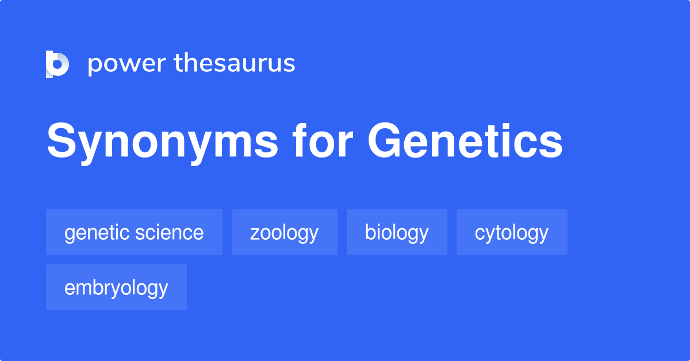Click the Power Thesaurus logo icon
tap(57, 64)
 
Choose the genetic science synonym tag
tap(134, 232)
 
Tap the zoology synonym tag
tap(284, 232)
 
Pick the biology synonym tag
tap(397, 232)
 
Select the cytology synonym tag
tap(512, 232)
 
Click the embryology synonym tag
tap(116, 287)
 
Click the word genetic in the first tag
tap(97, 232)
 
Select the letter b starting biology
tap(370, 232)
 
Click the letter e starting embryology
tap(69, 288)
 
